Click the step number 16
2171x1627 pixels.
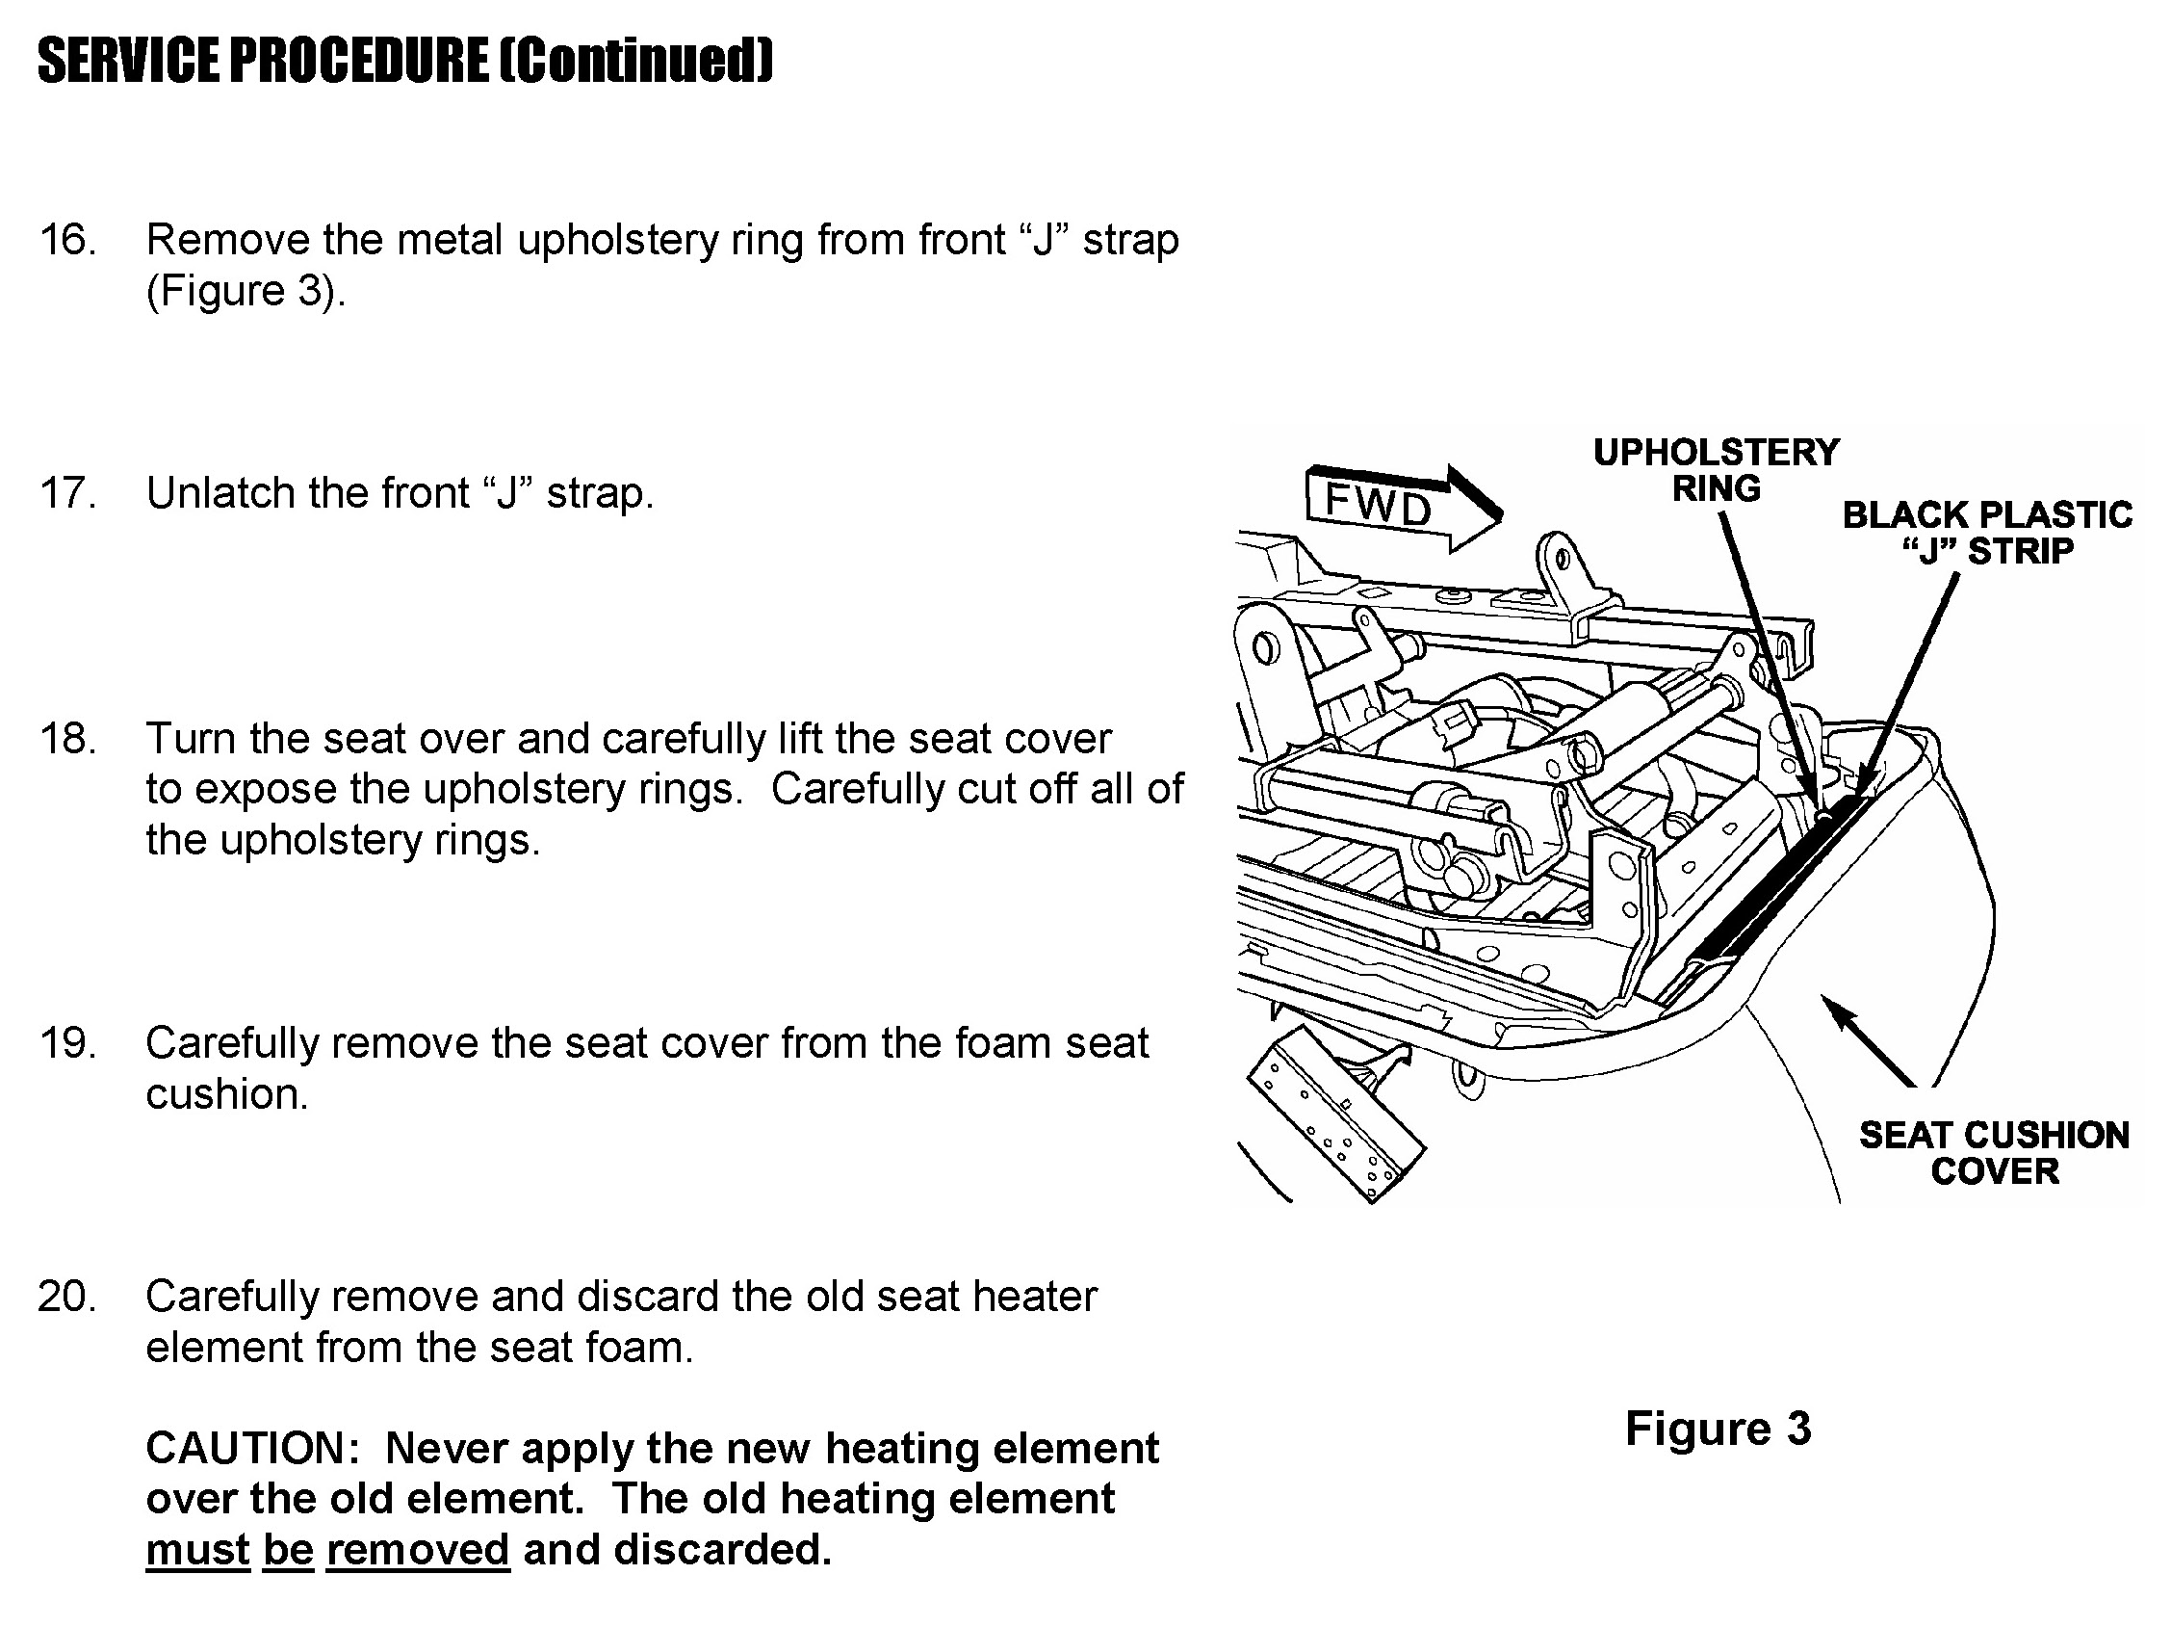66,240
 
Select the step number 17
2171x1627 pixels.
66,493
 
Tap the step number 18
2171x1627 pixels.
66,739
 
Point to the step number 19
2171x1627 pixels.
66,1043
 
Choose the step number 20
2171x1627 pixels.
66,1296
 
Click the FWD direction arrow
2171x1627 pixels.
1404,507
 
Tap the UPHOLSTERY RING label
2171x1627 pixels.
1717,470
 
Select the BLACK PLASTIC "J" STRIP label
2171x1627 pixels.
1987,533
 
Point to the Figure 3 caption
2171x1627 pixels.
1718,1428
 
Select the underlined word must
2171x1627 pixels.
198,1550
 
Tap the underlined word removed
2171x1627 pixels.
418,1550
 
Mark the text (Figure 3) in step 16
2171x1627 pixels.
246,292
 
